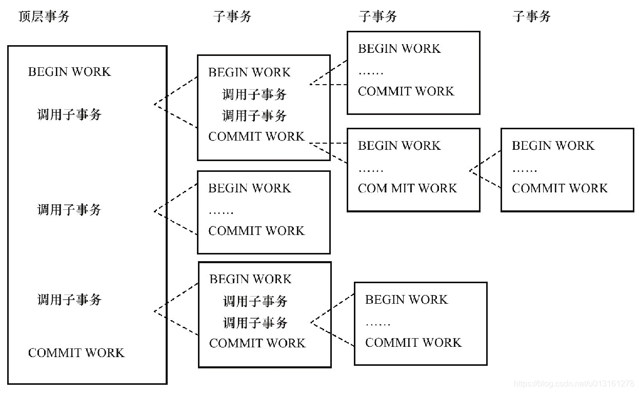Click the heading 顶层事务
tap(44, 16)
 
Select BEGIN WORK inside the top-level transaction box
tap(69, 71)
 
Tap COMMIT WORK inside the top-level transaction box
tap(76, 352)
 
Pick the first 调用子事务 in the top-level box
tap(69, 114)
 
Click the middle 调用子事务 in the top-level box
tap(69, 209)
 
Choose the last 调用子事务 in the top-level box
tap(69, 299)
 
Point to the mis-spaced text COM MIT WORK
tap(407, 188)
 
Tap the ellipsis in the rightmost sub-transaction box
tap(524, 170)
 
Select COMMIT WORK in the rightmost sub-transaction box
tap(560, 188)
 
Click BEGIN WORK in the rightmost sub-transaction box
tap(553, 146)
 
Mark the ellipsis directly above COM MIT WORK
tap(370, 170)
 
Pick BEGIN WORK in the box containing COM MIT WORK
tap(399, 146)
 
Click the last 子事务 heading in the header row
tap(531, 16)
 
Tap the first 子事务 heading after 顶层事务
tap(232, 16)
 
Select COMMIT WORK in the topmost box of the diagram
tap(406, 91)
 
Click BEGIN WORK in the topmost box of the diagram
tap(399, 49)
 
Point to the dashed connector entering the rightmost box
tap(485, 170)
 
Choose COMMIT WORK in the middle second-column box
tap(256, 231)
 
